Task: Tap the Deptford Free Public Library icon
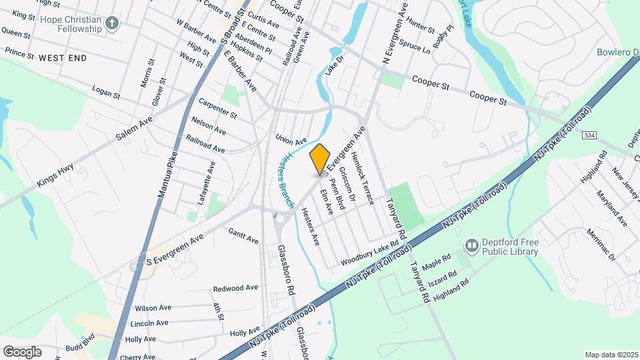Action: click(x=472, y=247)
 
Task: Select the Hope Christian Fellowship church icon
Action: click(x=113, y=24)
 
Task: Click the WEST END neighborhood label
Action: click(x=63, y=59)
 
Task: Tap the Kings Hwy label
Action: click(x=55, y=172)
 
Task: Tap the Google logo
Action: click(x=22, y=352)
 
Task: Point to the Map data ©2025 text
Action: click(x=611, y=355)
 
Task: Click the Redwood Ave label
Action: click(x=235, y=289)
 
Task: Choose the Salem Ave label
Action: click(x=134, y=127)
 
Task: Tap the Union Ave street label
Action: click(x=291, y=139)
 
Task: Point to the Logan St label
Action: click(x=106, y=92)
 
